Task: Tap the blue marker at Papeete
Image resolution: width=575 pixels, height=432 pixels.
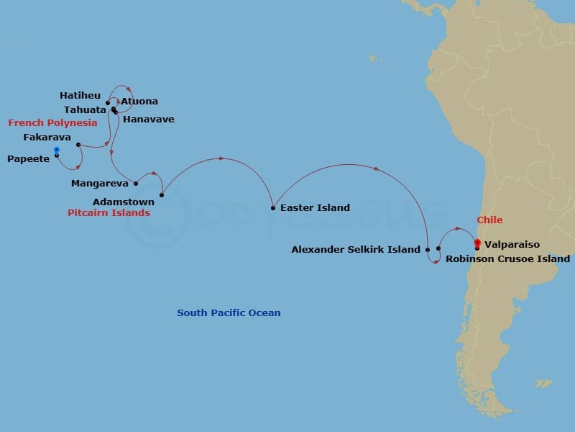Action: (x=56, y=150)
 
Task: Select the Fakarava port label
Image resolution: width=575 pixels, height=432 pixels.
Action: (x=47, y=137)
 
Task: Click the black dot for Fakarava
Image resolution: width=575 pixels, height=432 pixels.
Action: (x=78, y=145)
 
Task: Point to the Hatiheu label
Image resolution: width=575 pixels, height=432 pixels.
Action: (x=80, y=95)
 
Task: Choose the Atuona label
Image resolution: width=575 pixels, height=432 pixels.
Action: (x=139, y=102)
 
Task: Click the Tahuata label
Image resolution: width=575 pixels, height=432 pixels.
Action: (x=85, y=109)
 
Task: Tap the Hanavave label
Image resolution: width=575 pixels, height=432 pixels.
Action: (x=149, y=120)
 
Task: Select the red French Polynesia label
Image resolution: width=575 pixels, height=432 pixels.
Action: (x=52, y=123)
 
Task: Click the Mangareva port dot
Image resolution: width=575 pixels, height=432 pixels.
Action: (x=136, y=184)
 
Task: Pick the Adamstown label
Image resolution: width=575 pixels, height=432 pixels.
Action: (x=124, y=202)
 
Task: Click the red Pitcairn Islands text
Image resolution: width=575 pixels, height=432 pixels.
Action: (x=109, y=213)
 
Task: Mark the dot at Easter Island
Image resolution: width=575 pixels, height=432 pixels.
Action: (x=273, y=208)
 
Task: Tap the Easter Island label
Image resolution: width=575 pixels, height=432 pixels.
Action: (x=315, y=208)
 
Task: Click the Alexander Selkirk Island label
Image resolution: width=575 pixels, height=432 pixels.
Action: (x=356, y=250)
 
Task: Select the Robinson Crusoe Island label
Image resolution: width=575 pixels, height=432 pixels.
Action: (x=508, y=258)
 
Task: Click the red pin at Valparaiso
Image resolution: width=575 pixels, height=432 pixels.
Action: (x=476, y=243)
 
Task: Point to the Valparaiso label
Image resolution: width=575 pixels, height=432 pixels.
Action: (x=512, y=245)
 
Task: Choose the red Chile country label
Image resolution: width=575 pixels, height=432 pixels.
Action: (x=490, y=220)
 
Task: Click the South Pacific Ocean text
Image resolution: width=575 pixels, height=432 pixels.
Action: (x=229, y=313)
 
